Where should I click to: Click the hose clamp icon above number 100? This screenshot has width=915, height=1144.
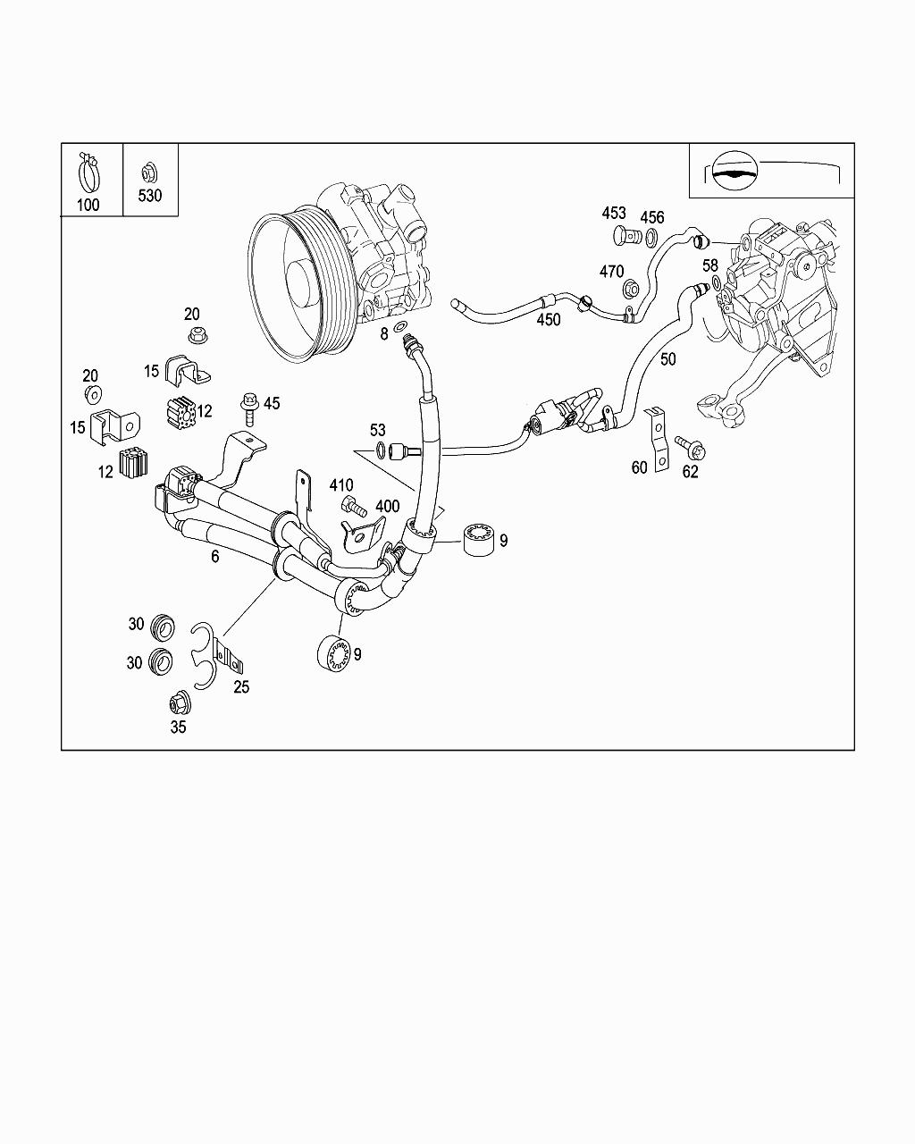89,171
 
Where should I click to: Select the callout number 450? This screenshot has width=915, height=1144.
548,319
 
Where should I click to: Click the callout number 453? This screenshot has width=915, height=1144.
614,214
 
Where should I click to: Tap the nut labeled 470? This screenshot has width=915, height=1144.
629,289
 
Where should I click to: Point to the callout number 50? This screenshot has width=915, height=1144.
667,359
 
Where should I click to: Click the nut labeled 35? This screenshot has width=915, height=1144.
177,702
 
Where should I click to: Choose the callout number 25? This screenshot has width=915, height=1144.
241,687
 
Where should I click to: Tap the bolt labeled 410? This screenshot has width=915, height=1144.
355,509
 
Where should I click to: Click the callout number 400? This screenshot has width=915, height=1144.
387,506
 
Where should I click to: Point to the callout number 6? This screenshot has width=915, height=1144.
214,556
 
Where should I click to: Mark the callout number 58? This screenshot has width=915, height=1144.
710,266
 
